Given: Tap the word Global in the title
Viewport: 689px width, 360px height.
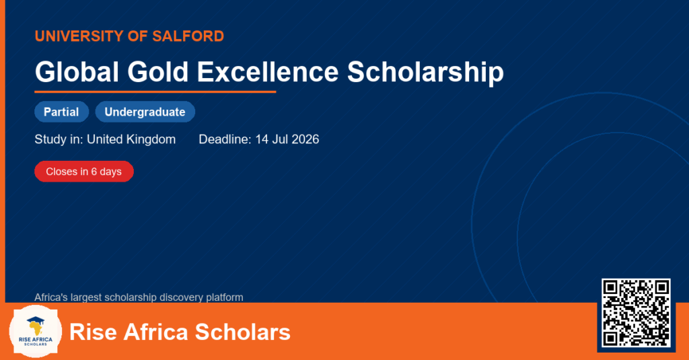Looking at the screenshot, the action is [77, 71].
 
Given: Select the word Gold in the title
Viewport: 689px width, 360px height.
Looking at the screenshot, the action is [158, 71].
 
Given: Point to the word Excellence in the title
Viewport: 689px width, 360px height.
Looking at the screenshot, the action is [268, 71].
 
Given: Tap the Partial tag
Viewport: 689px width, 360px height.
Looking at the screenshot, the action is [61, 112].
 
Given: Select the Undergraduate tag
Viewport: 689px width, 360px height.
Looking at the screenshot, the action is [145, 112].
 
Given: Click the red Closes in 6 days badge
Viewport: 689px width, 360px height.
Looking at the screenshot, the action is [84, 172].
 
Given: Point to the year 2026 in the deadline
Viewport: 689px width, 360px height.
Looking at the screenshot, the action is [305, 139].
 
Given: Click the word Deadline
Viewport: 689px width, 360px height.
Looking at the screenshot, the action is [225, 139].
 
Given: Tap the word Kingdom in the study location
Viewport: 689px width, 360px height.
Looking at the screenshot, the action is [151, 140].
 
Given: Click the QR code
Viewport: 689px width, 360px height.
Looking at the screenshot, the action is [636, 312].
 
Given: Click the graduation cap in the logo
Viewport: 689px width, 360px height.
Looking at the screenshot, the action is [36, 321].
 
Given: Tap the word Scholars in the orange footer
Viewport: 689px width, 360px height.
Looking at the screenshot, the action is [242, 332].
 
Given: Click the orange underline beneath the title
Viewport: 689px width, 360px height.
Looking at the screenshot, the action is [155, 92].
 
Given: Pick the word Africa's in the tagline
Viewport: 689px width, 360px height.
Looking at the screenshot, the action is [51, 297].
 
